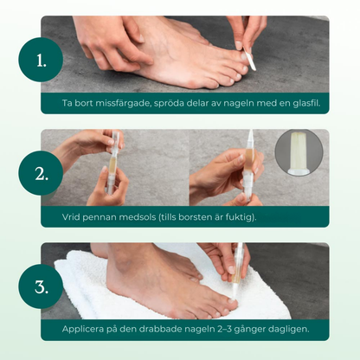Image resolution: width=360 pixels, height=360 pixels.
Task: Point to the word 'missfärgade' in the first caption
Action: tap(128, 103)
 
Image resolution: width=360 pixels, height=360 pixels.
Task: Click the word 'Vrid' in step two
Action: tap(73, 216)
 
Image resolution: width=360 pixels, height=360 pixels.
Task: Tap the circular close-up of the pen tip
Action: tap(299, 154)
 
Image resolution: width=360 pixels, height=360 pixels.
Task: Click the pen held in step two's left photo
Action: tap(110, 160)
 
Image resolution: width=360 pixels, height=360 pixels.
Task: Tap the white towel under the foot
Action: tap(87, 286)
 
